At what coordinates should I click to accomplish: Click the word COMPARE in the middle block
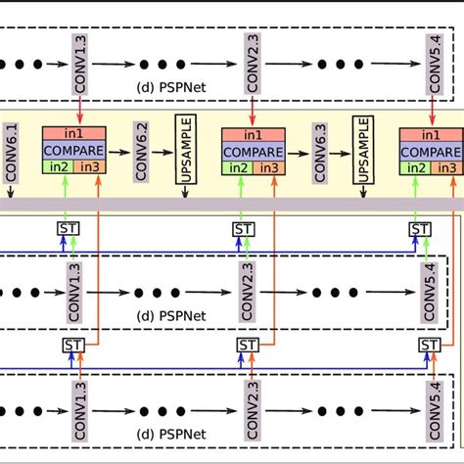tap(253, 153)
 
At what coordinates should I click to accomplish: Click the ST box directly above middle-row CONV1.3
tap(65, 229)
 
